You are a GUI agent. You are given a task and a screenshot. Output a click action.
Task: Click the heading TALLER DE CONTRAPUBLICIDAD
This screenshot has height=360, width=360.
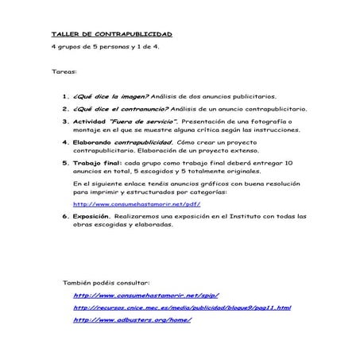pos(110,35)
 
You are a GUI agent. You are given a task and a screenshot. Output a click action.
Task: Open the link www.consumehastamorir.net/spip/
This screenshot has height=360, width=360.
pos(145,294)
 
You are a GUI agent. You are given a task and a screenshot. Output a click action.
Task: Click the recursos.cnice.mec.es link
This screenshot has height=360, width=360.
pos(182,307)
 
